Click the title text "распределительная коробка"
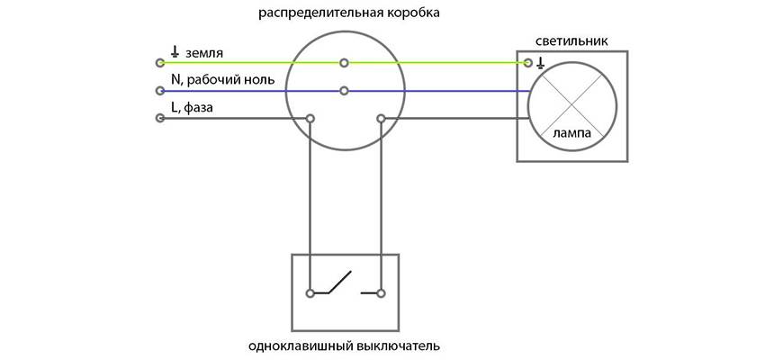pyautogui.click(x=345, y=13)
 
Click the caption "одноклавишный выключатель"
pyautogui.click(x=345, y=346)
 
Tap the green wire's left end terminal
pyautogui.click(x=160, y=63)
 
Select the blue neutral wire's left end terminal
pyautogui.click(x=160, y=91)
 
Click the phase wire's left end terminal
pyautogui.click(x=160, y=118)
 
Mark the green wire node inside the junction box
pyautogui.click(x=345, y=63)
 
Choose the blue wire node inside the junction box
pyautogui.click(x=345, y=91)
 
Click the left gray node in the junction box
pyautogui.click(x=310, y=118)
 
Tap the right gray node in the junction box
pyautogui.click(x=381, y=118)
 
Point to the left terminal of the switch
pyautogui.click(x=310, y=292)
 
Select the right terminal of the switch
pyautogui.click(x=381, y=292)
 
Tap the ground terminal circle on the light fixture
pyautogui.click(x=527, y=63)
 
